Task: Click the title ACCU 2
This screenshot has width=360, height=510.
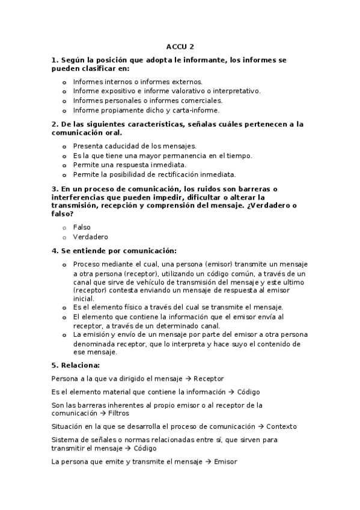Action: pyautogui.click(x=180, y=46)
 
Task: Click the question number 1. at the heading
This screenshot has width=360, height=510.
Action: pyautogui.click(x=55, y=61)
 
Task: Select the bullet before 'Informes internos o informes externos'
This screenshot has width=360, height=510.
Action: pyautogui.click(x=64, y=82)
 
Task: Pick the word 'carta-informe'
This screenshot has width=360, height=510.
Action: pyautogui.click(x=195, y=110)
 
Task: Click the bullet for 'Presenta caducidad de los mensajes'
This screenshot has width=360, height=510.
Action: pyautogui.click(x=64, y=146)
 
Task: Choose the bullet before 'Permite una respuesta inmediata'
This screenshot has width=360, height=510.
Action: pyautogui.click(x=64, y=165)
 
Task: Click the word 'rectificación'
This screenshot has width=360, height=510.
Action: pyautogui.click(x=172, y=174)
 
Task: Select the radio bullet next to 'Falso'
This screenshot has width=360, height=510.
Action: pyautogui.click(x=64, y=227)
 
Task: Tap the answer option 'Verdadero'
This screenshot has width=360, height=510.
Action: pyautogui.click(x=90, y=237)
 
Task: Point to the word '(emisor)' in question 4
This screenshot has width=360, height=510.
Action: pyautogui.click(x=220, y=265)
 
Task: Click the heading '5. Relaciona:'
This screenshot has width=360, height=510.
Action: pyautogui.click(x=76, y=365)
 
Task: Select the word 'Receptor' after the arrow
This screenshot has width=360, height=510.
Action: pyautogui.click(x=209, y=379)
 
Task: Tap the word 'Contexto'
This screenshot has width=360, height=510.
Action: pyautogui.click(x=281, y=426)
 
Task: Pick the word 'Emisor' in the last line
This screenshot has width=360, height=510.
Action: pyautogui.click(x=225, y=461)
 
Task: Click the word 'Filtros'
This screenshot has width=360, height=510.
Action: pyautogui.click(x=118, y=414)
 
